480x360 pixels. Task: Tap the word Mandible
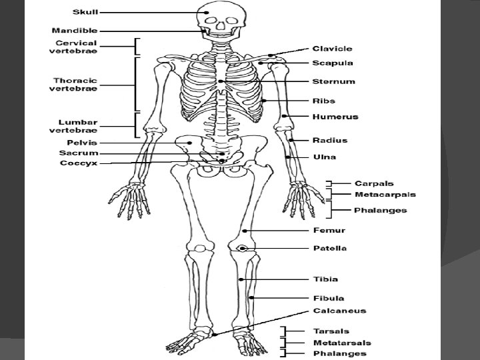coord(75,31)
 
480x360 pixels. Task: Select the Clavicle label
coord(333,49)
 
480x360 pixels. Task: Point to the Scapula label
coord(333,63)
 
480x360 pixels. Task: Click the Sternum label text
coord(333,82)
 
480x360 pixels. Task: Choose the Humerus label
coord(335,117)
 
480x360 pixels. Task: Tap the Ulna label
coord(325,157)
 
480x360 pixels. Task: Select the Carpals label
coord(374,183)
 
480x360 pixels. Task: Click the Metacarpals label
coord(385,195)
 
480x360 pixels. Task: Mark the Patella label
coord(330,249)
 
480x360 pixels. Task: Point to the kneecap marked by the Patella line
coord(243,249)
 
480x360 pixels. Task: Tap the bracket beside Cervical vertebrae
coord(137,45)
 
